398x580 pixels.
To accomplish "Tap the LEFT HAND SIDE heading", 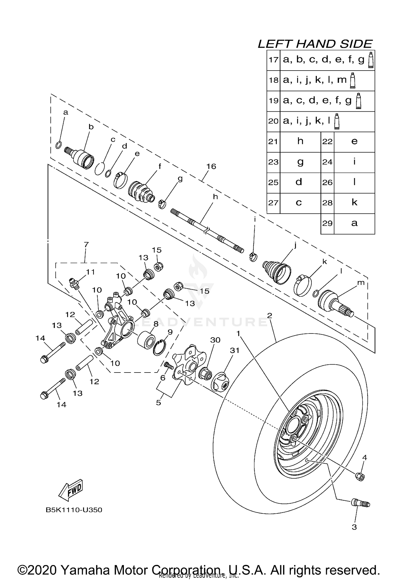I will pos(315,44).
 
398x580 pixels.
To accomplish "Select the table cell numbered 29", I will pos(327,223).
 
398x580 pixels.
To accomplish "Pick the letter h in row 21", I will pos(300,141).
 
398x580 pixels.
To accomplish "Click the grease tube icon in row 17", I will pos(371,60).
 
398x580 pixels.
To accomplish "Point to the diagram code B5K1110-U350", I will pos(74,510).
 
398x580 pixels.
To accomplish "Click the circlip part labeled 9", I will pos(159,348).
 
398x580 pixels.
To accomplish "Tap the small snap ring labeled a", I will pos(59,145).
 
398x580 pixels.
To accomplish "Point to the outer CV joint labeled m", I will pos(336,302).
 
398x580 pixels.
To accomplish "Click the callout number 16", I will pos(211,166).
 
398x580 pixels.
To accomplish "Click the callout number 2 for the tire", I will pos(270,315).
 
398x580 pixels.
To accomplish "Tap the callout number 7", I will pos(86,244).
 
